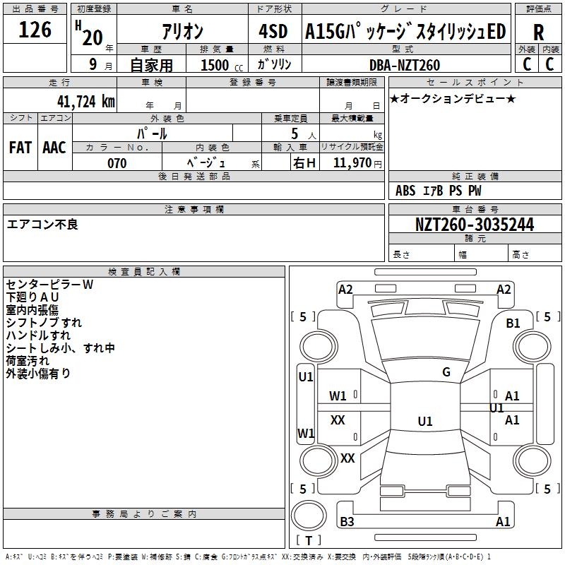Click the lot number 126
pos(35,30)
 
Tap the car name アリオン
pos(182,32)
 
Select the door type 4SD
pos(274,32)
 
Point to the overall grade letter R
pos(538,32)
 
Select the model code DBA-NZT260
pos(405,65)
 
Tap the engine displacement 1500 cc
pos(220,65)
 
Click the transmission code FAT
pos(20,148)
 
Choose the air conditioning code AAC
pos(54,148)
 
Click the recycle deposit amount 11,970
pos(352,163)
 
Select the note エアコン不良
pos(42,225)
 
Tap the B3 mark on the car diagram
pos(347,522)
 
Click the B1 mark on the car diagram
pos(513,323)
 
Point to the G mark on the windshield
pos(446,372)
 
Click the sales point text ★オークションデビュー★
pos(453,99)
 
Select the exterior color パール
pos(152,133)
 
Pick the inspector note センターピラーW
pos(49,285)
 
